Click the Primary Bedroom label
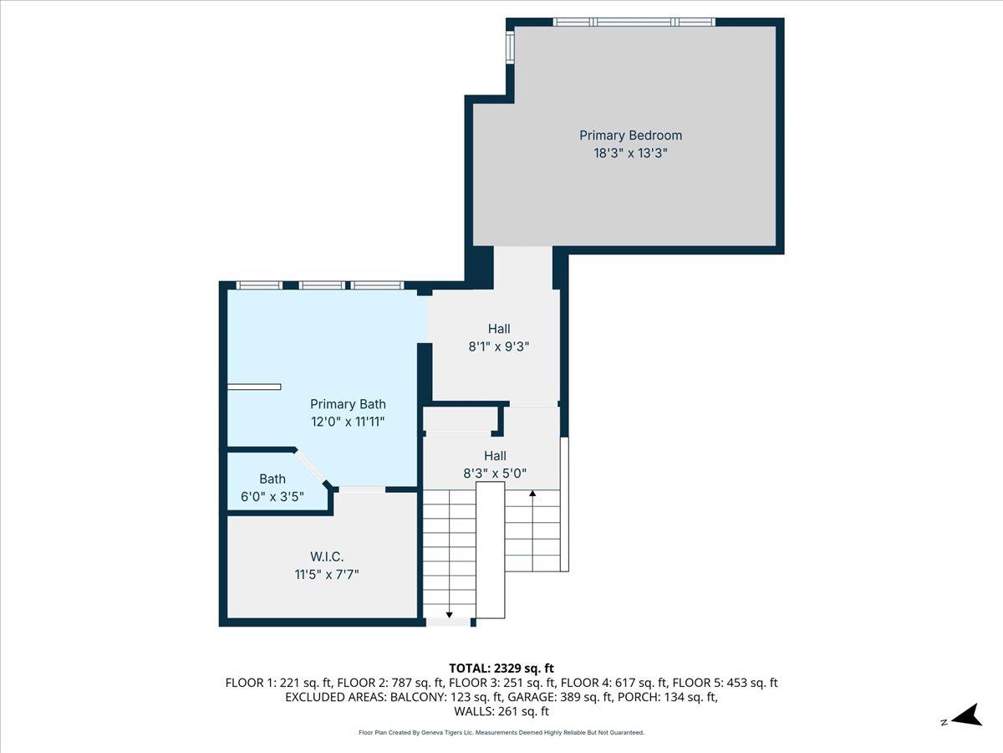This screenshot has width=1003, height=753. [630, 136]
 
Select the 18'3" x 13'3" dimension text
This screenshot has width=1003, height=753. [630, 153]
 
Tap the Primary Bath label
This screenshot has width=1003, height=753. [348, 404]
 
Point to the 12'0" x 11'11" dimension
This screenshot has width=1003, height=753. [348, 422]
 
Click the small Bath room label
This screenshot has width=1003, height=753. [272, 479]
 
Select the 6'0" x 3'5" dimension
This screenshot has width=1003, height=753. [272, 496]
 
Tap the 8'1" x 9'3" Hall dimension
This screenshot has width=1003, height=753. [499, 346]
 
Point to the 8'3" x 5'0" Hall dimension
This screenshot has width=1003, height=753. [495, 473]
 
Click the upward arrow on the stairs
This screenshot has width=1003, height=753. [532, 494]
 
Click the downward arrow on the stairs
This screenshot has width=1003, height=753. [449, 614]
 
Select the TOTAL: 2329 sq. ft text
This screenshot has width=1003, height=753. [501, 668]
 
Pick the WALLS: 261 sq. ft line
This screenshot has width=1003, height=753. [501, 712]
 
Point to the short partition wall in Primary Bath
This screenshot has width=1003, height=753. [255, 387]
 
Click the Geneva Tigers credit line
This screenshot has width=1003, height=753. [501, 732]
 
